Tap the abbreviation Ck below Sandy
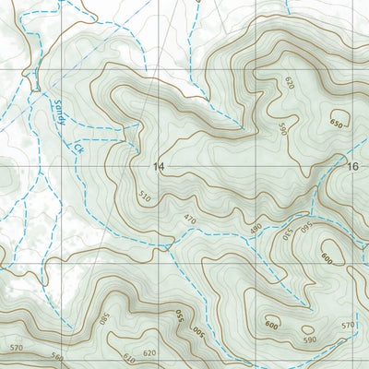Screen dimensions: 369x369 [77, 147]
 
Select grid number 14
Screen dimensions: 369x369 [159, 167]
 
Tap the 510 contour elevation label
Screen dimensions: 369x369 [143, 196]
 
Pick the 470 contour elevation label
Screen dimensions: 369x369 [189, 219]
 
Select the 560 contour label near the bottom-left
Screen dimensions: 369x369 [58, 356]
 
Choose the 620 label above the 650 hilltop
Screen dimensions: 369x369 [289, 83]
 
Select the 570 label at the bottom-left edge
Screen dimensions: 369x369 [16, 348]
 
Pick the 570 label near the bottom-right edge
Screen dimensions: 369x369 [348, 325]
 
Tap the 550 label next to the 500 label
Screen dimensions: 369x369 [179, 318]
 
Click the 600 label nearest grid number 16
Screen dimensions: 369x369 [325, 257]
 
